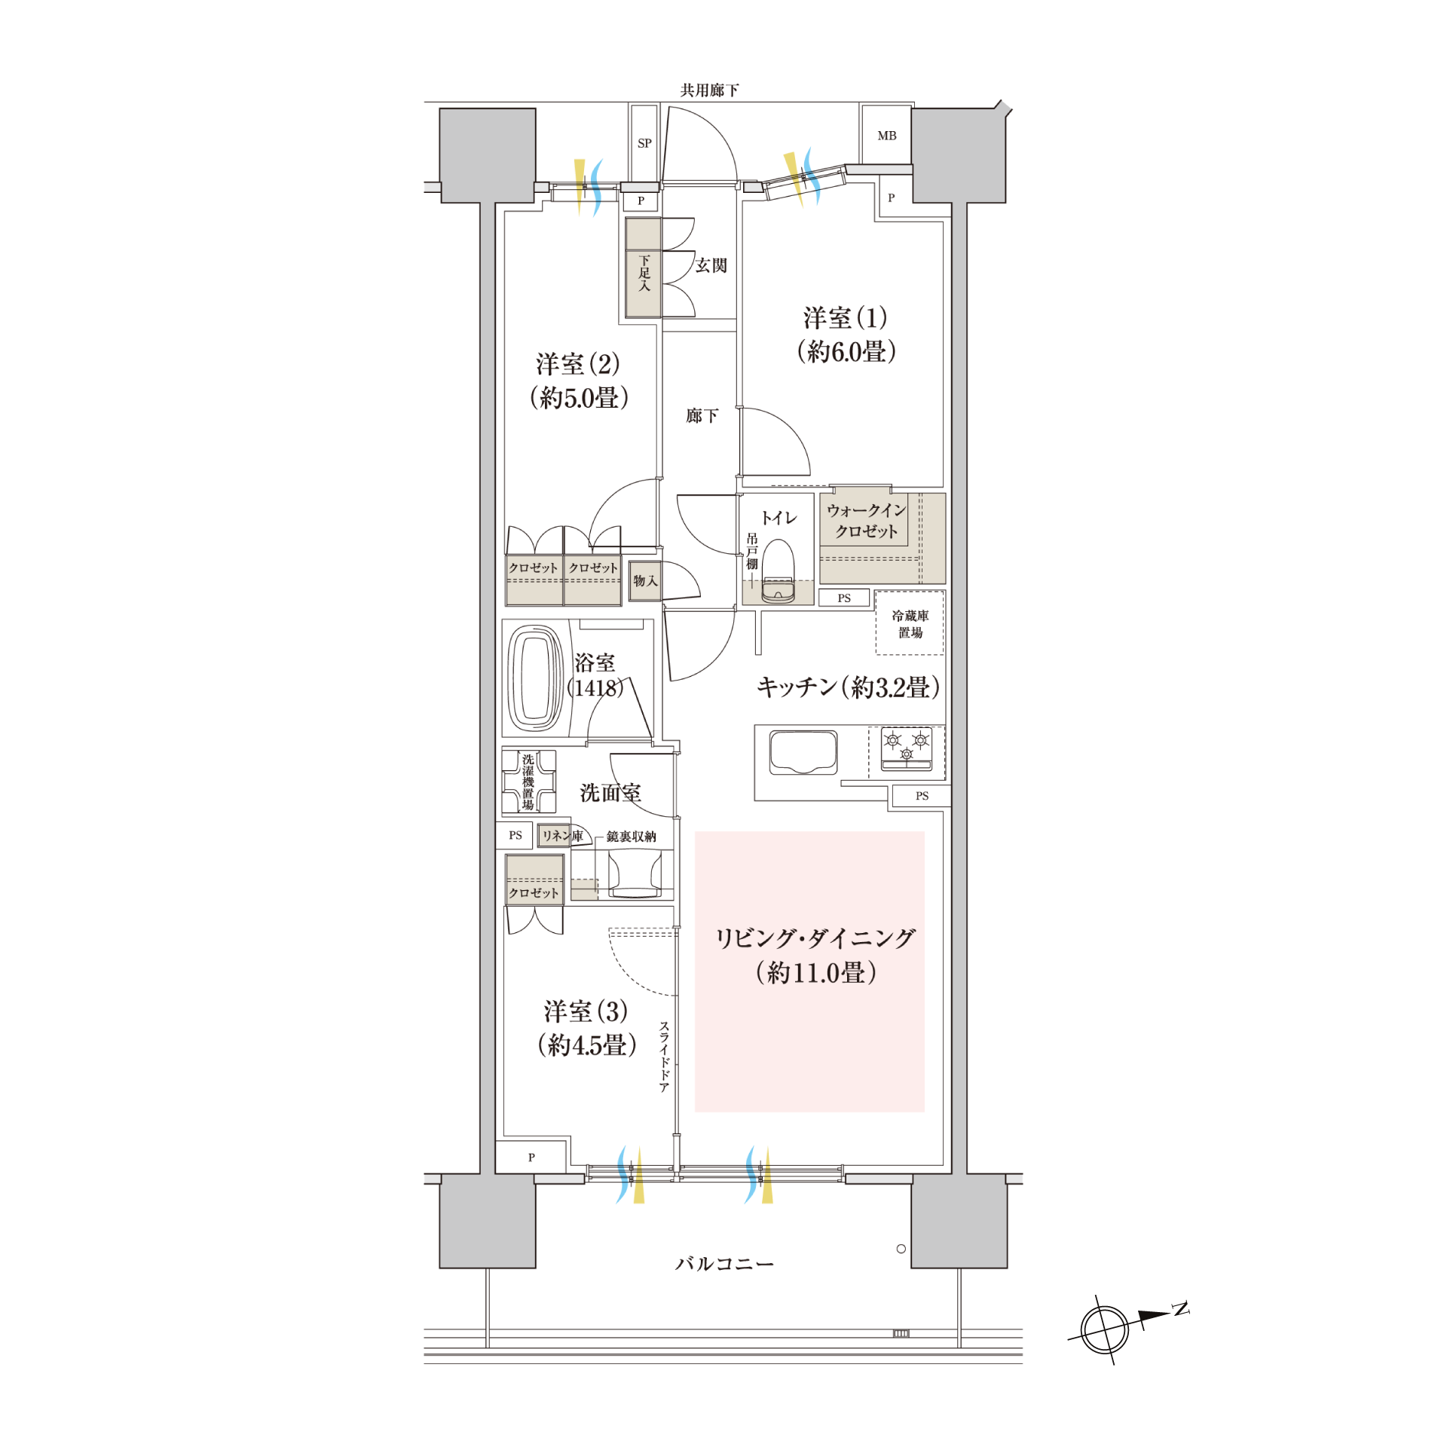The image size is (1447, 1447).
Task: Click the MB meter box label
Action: point(887,136)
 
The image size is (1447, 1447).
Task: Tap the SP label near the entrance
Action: point(644,143)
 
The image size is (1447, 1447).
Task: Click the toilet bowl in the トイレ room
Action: point(778,571)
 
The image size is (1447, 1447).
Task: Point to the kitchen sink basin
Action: point(803,752)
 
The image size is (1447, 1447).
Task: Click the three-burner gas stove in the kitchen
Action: point(907,748)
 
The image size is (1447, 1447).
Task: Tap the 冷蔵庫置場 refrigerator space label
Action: point(910,624)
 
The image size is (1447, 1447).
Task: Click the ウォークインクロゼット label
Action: point(867,521)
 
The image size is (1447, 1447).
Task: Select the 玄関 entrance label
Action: point(711,265)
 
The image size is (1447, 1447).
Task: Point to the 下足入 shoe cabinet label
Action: point(644,274)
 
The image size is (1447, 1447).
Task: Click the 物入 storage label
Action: point(645,581)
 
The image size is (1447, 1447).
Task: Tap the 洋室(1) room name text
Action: point(846,318)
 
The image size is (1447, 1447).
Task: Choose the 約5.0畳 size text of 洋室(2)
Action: point(579,398)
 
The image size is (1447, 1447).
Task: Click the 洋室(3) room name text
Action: point(586,1011)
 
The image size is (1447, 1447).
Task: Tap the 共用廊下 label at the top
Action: point(710,90)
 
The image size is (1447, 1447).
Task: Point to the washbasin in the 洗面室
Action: point(635,873)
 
